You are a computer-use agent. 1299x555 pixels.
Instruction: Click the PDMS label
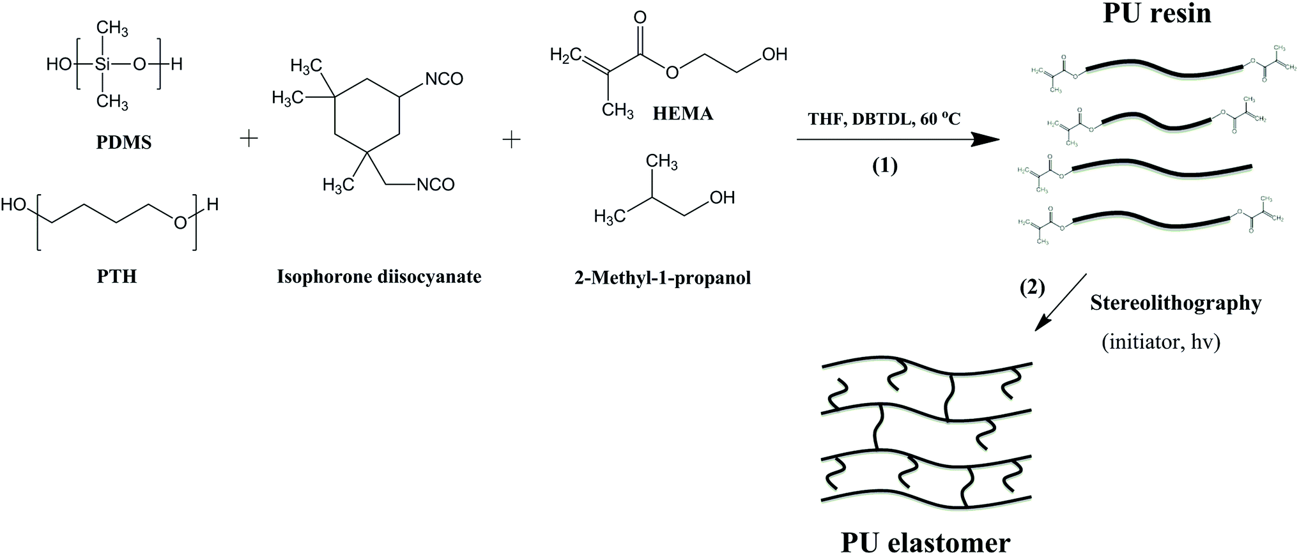(124, 142)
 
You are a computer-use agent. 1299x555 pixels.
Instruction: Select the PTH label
(117, 277)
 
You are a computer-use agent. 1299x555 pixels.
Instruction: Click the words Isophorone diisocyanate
(379, 277)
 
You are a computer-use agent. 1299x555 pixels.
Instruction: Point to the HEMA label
(683, 114)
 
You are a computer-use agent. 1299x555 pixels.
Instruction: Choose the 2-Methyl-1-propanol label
(663, 278)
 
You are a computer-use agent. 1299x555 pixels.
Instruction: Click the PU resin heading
(1157, 13)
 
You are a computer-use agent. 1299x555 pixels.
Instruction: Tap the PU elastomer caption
(925, 542)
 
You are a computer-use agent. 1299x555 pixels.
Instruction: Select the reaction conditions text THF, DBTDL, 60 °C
(884, 119)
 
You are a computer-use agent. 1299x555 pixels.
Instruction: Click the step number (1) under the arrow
(885, 166)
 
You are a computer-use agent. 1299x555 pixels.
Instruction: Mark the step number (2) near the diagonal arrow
(1032, 288)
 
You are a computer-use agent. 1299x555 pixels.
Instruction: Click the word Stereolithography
(1176, 303)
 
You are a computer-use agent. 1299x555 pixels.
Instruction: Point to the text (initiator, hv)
(1161, 342)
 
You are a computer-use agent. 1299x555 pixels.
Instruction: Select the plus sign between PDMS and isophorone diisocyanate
(249, 139)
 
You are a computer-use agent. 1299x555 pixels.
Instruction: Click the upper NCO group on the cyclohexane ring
(443, 79)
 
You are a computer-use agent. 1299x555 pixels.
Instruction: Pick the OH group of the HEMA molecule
(774, 55)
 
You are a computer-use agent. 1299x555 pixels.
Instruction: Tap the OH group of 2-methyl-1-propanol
(721, 197)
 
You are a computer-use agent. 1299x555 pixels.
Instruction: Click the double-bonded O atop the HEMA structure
(640, 17)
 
